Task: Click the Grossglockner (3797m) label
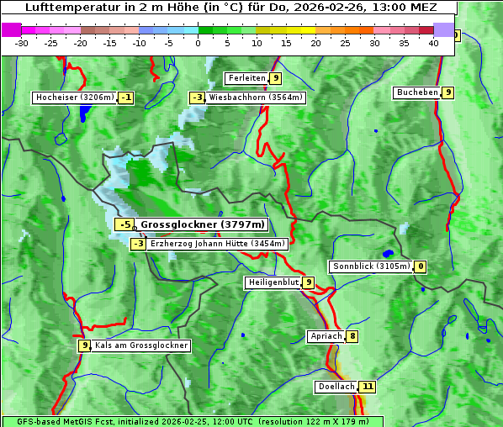pos(202,224)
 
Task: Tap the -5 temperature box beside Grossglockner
pos(124,224)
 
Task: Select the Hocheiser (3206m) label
pos(74,98)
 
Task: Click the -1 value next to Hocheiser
pos(125,98)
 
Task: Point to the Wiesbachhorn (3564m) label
pos(256,98)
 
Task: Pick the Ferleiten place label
pos(247,78)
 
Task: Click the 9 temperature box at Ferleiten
pos(276,78)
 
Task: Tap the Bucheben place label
pos(417,92)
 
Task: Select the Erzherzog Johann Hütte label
pos(218,244)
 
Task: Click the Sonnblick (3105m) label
pos(371,266)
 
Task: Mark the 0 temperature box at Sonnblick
pos(420,266)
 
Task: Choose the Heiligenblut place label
pos(273,282)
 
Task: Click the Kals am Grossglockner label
pos(141,345)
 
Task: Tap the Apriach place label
pos(326,336)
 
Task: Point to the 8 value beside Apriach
pos(352,336)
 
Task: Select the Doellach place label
pos(336,387)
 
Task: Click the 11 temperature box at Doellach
pos(367,387)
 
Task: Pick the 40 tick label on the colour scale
pos(433,43)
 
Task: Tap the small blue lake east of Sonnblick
pos(387,253)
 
